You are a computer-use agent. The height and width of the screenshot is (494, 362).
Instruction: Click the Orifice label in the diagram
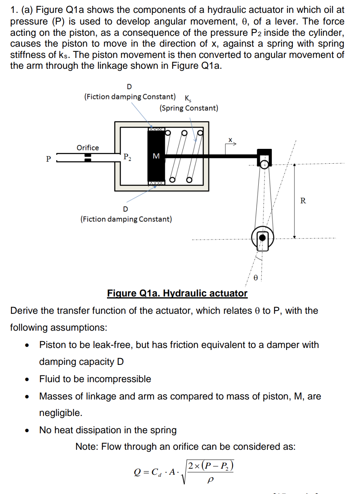click(x=88, y=148)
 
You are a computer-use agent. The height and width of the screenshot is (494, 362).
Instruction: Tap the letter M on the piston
click(x=156, y=155)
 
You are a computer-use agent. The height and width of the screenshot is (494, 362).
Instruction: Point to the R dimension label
click(x=303, y=200)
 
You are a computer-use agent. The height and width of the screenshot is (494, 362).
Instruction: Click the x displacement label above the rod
click(x=230, y=140)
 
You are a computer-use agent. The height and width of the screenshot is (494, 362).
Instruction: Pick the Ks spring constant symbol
click(x=188, y=98)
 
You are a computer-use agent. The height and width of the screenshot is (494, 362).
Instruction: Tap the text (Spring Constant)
click(x=189, y=108)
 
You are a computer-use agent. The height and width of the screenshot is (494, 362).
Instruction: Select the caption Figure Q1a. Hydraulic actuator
click(x=177, y=293)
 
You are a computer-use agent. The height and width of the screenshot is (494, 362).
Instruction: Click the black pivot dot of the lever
click(x=262, y=237)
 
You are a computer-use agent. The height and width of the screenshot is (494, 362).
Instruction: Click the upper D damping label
click(x=129, y=86)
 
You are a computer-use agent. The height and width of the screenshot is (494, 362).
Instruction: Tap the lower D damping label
click(x=125, y=209)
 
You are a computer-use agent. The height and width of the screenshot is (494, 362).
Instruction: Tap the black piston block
click(x=156, y=169)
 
